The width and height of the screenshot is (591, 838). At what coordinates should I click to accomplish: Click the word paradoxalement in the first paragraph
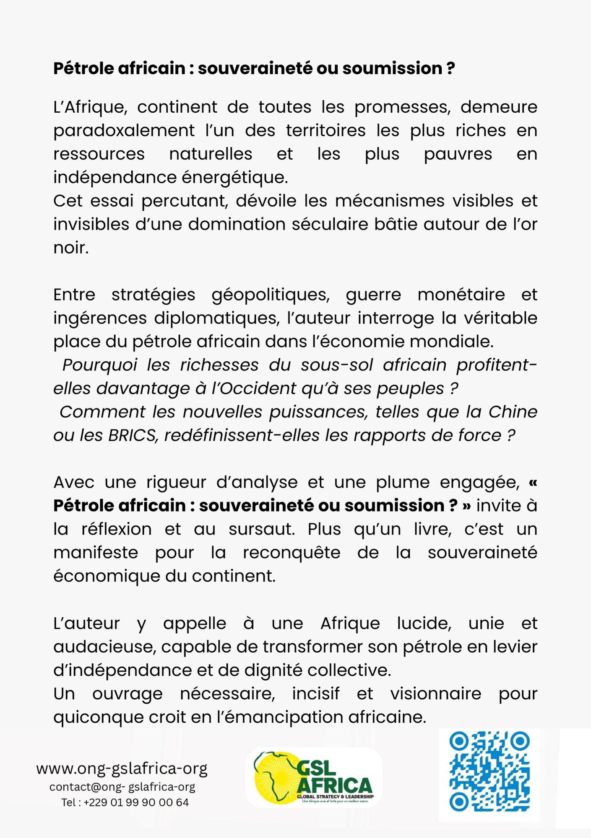(x=124, y=131)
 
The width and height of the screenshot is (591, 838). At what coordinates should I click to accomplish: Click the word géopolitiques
(x=271, y=295)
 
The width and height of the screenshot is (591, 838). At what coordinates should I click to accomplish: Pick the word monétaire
(x=461, y=295)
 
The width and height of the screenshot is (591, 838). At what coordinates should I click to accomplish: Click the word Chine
(x=513, y=412)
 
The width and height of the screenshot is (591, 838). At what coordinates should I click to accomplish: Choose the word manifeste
(x=96, y=553)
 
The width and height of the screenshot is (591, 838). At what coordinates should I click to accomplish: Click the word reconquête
(x=292, y=553)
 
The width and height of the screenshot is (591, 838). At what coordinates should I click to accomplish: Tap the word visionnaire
(x=435, y=693)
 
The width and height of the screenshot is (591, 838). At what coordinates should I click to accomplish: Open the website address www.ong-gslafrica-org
(x=122, y=768)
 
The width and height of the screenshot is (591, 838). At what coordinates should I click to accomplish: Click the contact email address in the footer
(x=122, y=787)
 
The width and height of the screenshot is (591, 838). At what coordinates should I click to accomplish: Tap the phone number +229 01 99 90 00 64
(x=136, y=802)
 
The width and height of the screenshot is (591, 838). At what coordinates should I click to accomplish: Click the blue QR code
(x=489, y=771)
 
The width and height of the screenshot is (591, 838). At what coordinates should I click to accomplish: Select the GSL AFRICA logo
(x=314, y=777)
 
